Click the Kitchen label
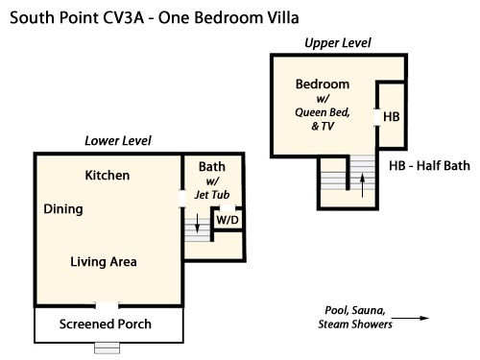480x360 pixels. [108, 176]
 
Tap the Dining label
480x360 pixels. [63, 209]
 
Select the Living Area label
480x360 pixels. [104, 262]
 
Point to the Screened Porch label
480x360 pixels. [106, 324]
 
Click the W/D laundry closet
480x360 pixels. [228, 220]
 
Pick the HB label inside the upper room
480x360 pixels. [392, 117]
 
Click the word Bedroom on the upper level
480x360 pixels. [323, 84]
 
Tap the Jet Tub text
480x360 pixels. [212, 195]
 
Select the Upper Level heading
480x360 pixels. [338, 43]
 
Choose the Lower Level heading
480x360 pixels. [118, 141]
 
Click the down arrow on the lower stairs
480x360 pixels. [198, 223]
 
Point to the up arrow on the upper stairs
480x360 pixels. [362, 185]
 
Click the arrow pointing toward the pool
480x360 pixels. [410, 318]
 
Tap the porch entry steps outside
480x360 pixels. [108, 348]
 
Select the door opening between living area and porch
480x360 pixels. [107, 305]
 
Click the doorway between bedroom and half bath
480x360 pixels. [377, 117]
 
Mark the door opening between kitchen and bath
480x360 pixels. [182, 199]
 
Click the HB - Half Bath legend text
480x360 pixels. [429, 166]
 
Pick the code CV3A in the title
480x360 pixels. [124, 17]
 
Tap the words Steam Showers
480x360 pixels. [355, 324]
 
